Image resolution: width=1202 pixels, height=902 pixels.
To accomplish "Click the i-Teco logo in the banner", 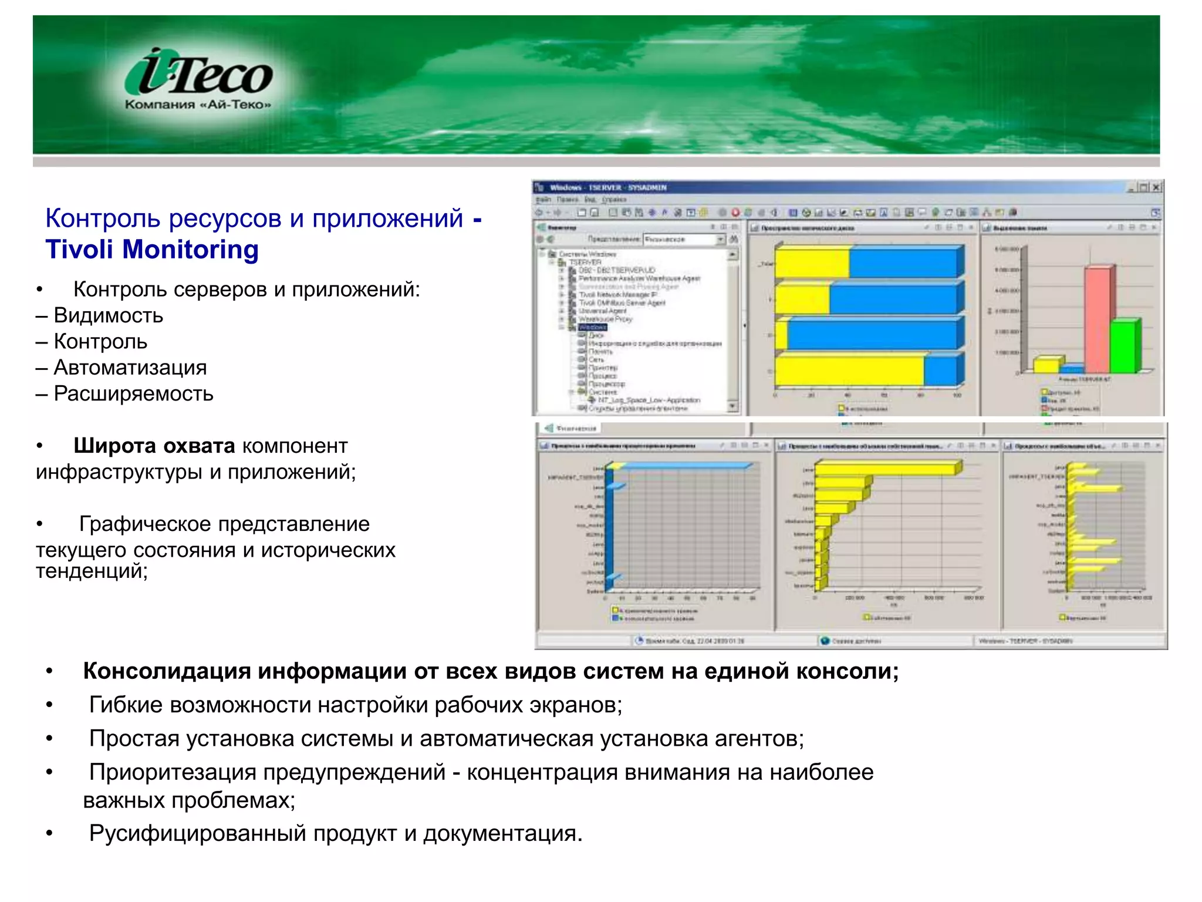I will tap(198, 74).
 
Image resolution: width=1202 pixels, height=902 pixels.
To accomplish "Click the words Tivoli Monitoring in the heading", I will tap(152, 250).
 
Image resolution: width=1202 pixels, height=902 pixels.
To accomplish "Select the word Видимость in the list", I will tap(109, 316).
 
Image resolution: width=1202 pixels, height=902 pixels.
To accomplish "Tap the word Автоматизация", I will tap(130, 368).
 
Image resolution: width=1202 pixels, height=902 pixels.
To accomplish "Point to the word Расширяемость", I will tap(133, 393).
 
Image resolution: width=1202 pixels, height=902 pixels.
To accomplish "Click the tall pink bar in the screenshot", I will tap(1096, 319).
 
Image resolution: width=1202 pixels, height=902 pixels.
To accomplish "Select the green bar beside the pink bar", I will tap(1123, 346).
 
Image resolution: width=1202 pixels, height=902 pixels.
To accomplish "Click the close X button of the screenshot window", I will tap(1156, 187).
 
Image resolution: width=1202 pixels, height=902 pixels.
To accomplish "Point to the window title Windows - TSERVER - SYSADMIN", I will tap(607, 188).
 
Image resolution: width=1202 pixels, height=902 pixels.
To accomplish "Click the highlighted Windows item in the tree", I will tap(592, 327).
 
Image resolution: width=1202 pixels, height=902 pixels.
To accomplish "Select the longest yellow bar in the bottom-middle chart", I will tap(886, 469).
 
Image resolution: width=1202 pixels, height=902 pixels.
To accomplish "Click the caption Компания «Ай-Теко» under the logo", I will tap(198, 105).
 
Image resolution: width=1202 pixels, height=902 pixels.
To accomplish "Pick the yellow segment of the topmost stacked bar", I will tap(811, 263).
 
